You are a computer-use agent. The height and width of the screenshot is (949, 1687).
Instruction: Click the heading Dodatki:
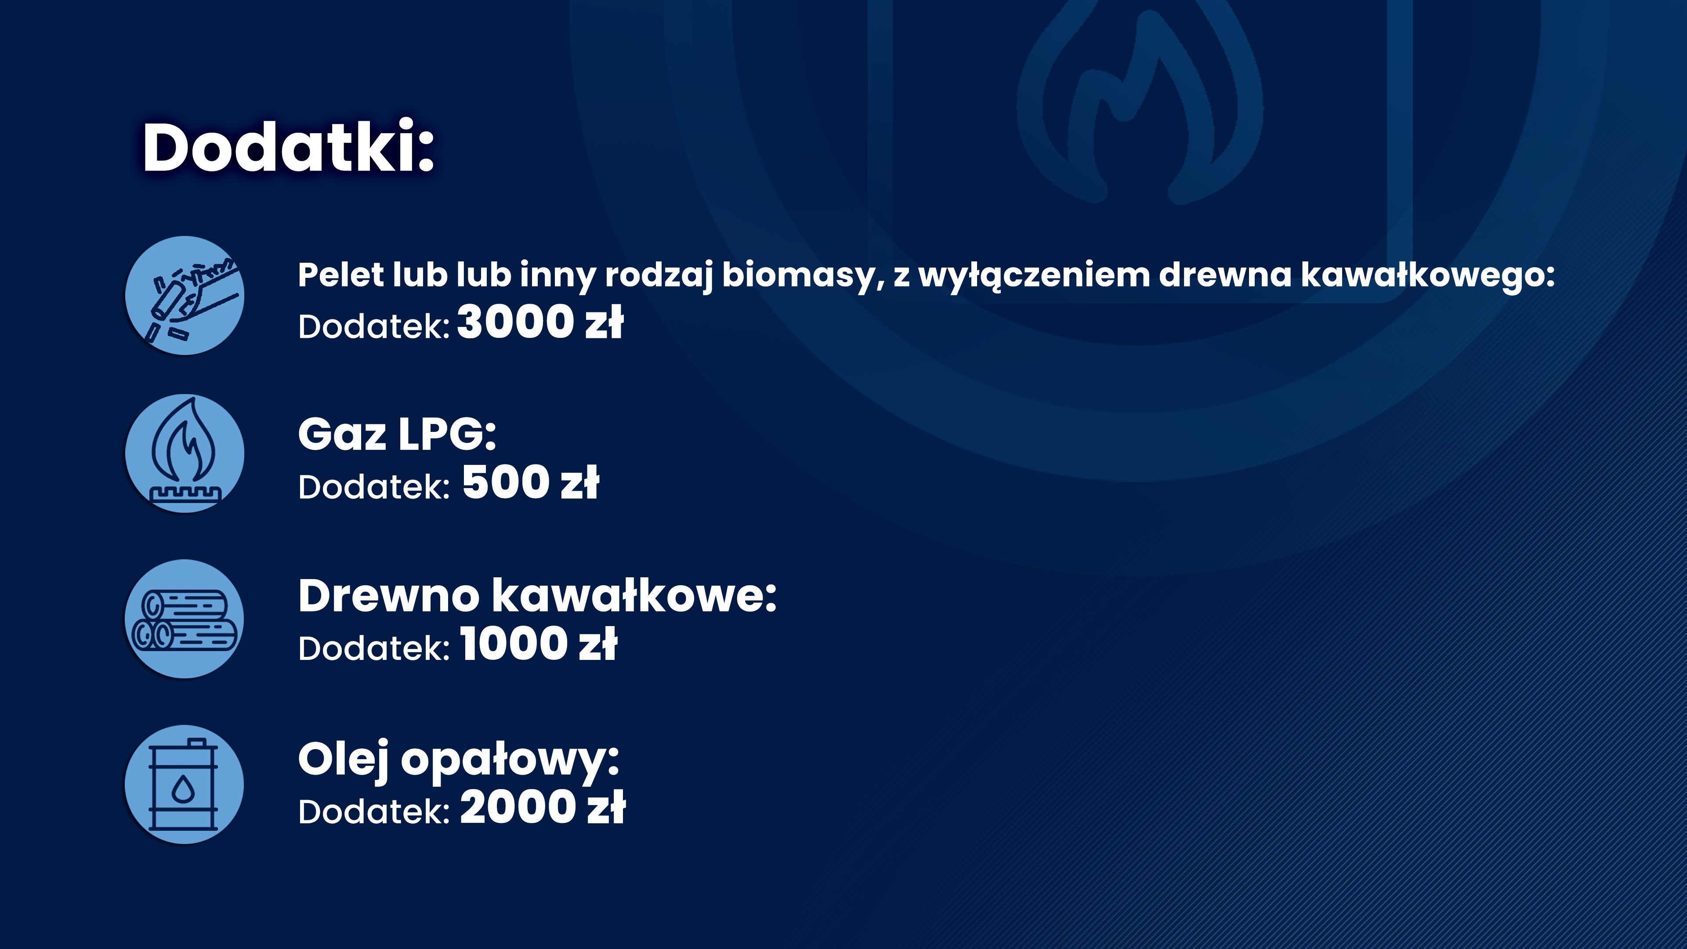[288, 147]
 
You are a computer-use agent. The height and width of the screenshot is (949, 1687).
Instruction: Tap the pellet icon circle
[185, 295]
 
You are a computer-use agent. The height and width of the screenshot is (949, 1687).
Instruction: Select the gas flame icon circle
[185, 453]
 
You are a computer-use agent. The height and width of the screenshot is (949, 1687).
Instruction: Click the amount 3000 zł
[540, 322]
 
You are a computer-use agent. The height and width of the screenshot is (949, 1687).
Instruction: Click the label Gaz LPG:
[397, 434]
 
